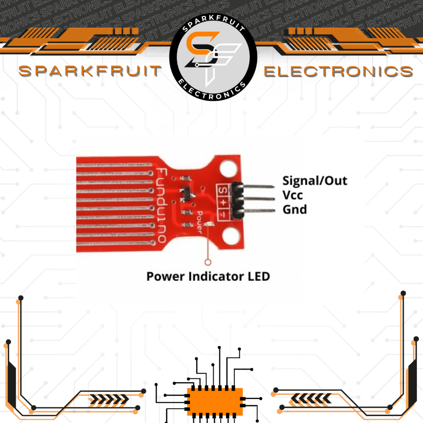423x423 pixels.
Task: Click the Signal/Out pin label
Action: (315, 181)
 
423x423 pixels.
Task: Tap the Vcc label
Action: (292, 195)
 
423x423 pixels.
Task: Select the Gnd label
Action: (295, 209)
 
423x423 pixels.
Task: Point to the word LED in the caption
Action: (259, 276)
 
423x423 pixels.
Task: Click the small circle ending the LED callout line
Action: (208, 261)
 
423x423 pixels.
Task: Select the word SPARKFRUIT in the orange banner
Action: (90, 71)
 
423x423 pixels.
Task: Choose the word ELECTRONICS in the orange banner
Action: (338, 71)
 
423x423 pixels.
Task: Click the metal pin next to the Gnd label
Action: (260, 211)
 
